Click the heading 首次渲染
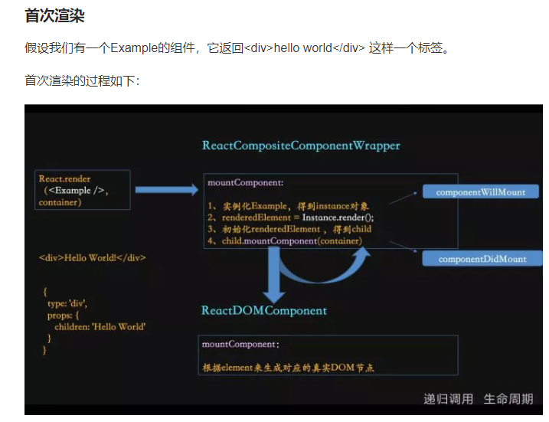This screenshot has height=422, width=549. point(54,15)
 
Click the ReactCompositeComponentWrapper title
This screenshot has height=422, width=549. point(301,145)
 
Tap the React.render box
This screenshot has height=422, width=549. point(82,190)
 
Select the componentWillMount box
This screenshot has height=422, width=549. point(480,191)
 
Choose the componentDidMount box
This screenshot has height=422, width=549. point(482,259)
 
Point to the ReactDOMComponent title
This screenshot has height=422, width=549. point(263,310)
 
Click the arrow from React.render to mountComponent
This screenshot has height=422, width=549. point(165,189)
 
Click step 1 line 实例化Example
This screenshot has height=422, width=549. point(288,206)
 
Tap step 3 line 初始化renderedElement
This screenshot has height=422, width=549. point(289,229)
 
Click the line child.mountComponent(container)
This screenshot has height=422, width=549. point(285,240)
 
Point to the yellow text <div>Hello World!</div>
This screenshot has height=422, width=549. point(93,257)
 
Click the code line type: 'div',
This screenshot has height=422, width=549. point(67,303)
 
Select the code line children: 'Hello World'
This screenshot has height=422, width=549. point(100,326)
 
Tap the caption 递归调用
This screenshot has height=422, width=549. point(448,399)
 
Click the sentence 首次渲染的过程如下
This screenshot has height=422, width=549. point(82,80)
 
